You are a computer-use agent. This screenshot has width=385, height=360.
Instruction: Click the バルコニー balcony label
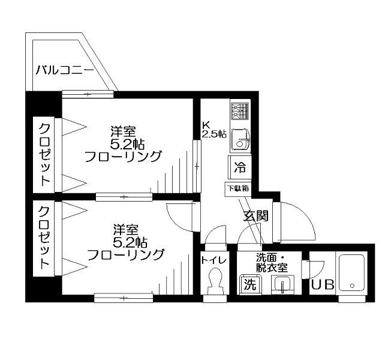(64, 70)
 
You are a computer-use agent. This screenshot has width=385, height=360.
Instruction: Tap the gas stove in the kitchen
(239, 110)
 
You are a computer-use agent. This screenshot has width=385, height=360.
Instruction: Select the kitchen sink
(240, 140)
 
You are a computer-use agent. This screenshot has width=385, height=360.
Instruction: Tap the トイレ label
(214, 260)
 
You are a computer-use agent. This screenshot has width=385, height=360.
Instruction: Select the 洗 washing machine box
(249, 284)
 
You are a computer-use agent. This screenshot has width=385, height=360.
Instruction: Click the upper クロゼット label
(44, 154)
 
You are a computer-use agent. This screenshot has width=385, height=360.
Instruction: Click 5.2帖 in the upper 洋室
(126, 144)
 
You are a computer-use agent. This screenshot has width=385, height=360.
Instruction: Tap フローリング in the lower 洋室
(125, 255)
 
